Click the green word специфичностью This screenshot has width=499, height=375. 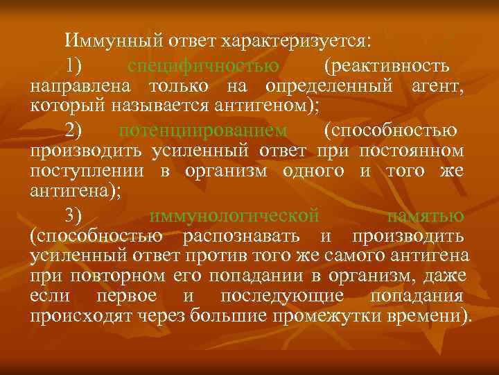coord(204,66)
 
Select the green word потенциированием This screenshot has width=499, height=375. coord(202,130)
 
